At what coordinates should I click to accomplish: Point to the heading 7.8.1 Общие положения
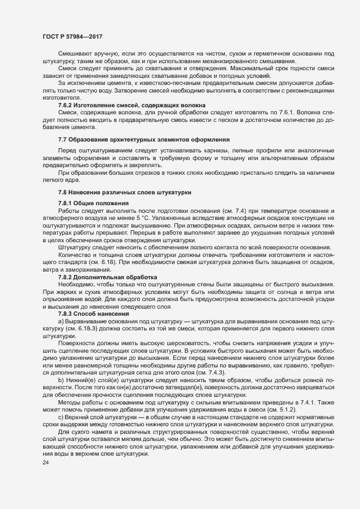(94, 203)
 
